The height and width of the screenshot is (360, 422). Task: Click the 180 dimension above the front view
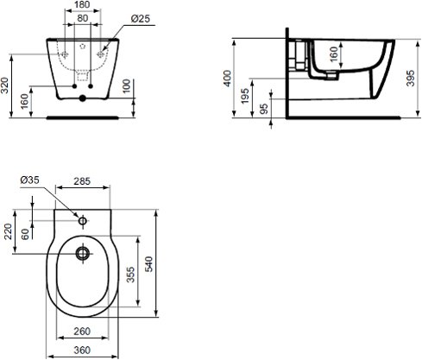(82, 6)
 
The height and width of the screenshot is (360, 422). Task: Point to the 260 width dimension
(83, 332)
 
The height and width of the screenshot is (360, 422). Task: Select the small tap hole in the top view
(83, 221)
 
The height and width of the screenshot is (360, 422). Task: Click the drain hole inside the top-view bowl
(83, 253)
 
